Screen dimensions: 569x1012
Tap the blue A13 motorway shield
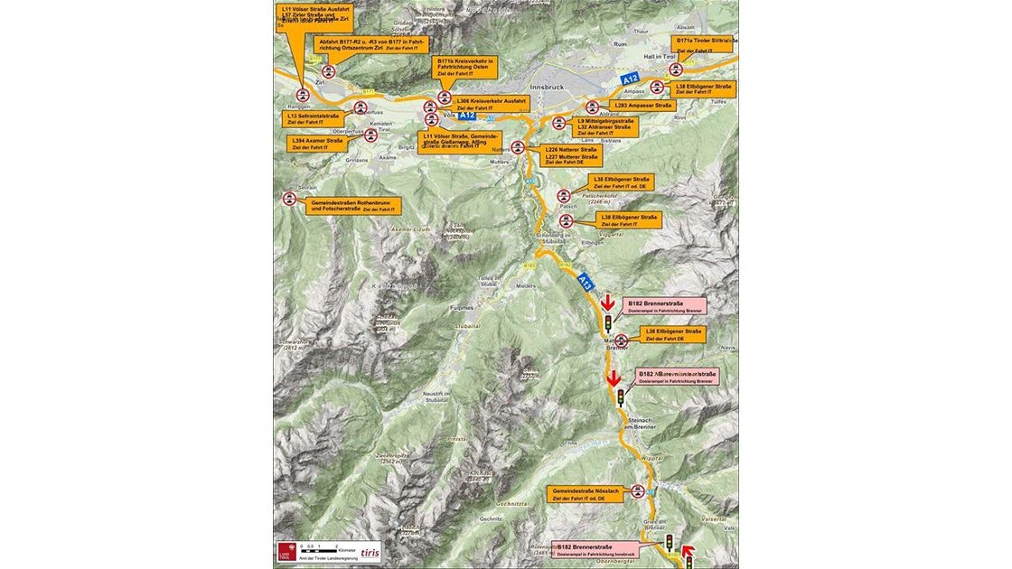(586, 282)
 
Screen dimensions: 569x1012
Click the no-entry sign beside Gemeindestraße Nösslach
(639, 492)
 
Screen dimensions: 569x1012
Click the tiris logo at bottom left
(370, 552)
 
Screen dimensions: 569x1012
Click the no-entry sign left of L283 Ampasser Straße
(594, 106)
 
